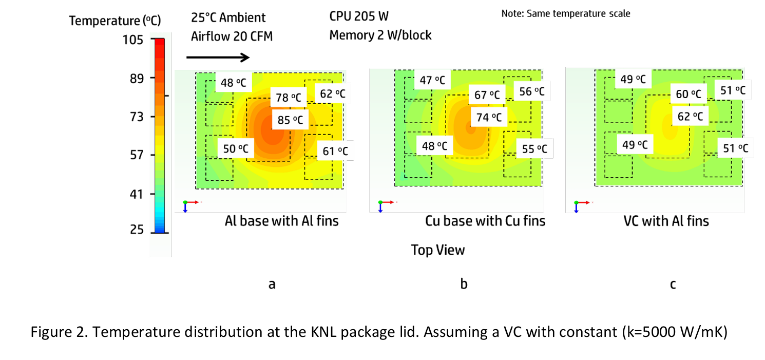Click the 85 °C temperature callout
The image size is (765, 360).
(290, 121)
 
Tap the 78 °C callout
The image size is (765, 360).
(288, 97)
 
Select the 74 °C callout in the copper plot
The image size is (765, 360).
(488, 117)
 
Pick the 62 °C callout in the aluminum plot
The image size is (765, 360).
(333, 93)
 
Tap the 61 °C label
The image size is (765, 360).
(335, 151)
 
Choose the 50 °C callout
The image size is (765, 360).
(236, 149)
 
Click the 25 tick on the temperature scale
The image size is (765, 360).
(137, 230)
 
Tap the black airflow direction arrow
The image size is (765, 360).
(218, 58)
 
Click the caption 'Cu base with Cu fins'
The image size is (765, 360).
(485, 221)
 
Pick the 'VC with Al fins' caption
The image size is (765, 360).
(666, 221)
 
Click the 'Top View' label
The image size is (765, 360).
(437, 250)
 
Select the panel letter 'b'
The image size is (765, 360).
(464, 283)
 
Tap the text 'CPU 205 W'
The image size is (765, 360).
(359, 16)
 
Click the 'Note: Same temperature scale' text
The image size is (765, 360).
(565, 14)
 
